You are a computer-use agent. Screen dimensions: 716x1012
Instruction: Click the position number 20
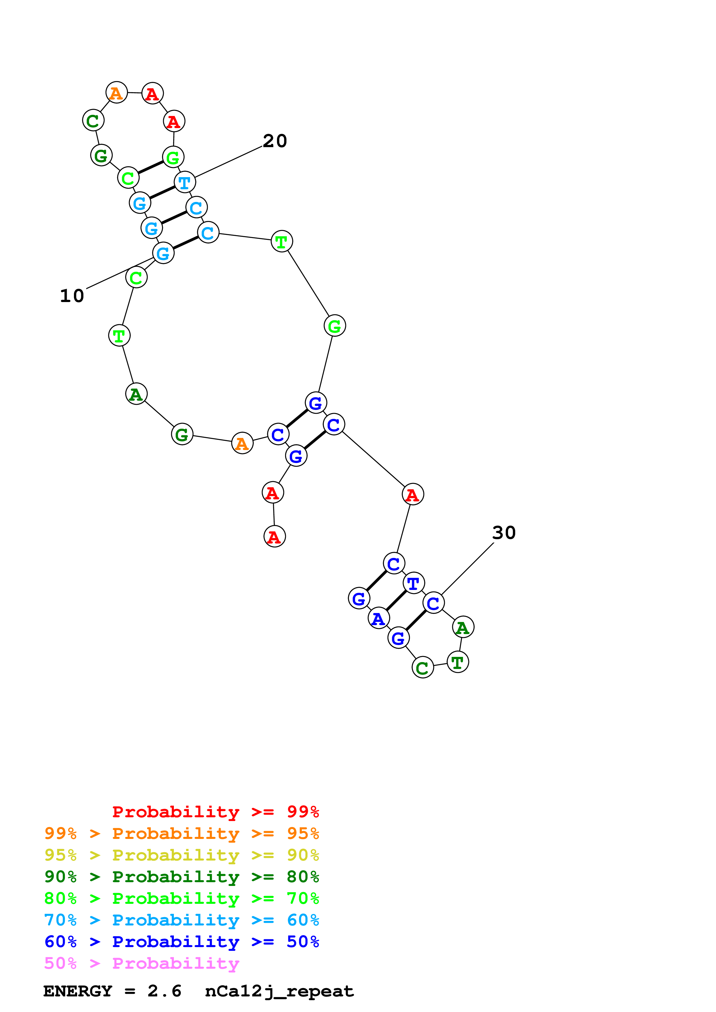click(x=275, y=141)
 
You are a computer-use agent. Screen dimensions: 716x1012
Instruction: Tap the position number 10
click(x=72, y=296)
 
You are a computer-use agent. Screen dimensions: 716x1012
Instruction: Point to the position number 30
click(x=504, y=533)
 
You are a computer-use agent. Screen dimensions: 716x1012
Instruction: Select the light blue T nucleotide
click(x=185, y=182)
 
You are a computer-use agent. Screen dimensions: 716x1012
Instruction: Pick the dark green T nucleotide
click(x=458, y=662)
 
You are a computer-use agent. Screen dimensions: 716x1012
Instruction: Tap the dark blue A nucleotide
click(x=379, y=619)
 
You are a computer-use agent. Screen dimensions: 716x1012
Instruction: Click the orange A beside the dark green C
click(x=116, y=93)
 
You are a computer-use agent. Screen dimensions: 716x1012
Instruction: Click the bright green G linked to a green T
click(x=334, y=326)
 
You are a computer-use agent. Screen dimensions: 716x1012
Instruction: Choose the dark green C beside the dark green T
click(x=423, y=668)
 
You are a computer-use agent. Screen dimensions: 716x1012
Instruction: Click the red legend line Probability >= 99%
click(x=215, y=812)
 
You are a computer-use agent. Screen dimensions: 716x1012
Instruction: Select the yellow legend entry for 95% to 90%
click(x=181, y=855)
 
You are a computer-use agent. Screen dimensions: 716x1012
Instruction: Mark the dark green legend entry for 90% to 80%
click(x=181, y=877)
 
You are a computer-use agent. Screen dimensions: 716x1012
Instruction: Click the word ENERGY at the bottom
click(x=78, y=991)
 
